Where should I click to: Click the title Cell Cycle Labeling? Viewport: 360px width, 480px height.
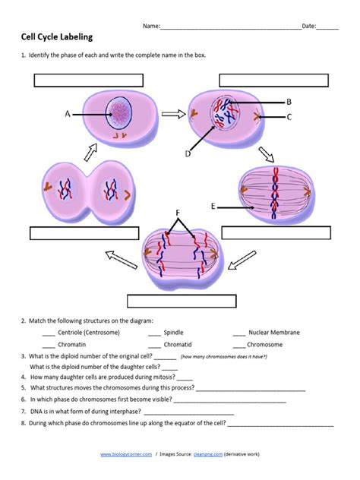pos(60,37)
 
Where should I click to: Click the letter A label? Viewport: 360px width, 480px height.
pos(68,114)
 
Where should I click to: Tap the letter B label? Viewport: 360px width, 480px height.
pos(289,101)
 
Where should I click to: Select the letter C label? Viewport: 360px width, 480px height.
pos(289,117)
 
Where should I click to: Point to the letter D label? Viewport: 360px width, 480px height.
pos(187,154)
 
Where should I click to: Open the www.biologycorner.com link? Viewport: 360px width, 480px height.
pos(127,454)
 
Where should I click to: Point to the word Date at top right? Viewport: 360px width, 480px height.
pos(309,26)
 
